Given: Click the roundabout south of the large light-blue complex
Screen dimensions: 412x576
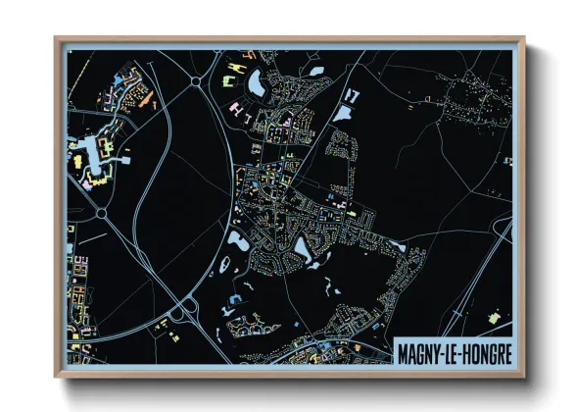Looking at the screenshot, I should tap(101, 212).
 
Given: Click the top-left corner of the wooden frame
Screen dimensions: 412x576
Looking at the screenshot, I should tap(56, 39).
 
